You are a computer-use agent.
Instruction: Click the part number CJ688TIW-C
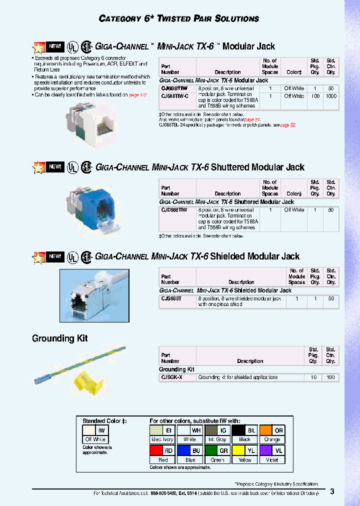point(175,96)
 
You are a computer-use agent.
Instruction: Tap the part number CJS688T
point(171,298)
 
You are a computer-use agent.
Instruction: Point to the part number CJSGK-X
point(171,377)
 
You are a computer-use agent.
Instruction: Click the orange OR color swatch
point(265,430)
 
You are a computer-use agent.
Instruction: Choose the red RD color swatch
point(155,450)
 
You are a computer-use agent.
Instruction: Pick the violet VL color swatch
point(265,450)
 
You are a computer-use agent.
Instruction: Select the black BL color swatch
point(238,430)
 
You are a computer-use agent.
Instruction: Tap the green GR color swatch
point(210,450)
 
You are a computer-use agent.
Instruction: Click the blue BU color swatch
point(183,450)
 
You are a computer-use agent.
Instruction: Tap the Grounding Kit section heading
point(59,338)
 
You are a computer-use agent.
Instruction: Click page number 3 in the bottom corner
point(332,491)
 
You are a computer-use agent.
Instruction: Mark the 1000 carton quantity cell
point(330,96)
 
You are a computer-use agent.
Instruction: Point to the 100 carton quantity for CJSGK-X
point(330,377)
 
